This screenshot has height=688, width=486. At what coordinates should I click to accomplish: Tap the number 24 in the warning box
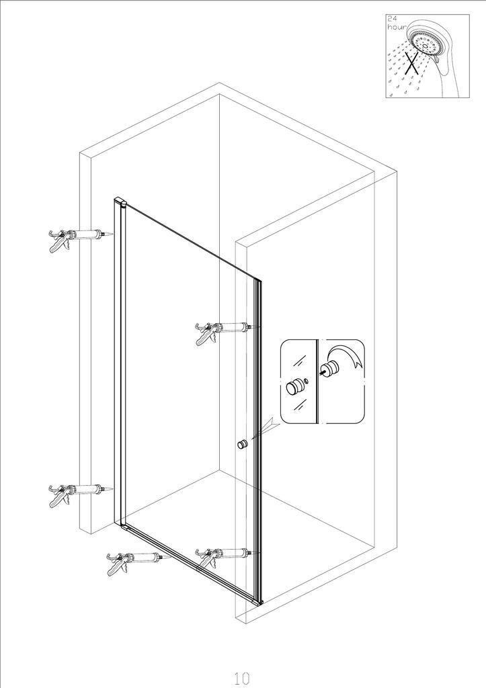[392, 18]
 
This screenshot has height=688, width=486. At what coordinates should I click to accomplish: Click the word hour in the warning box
[396, 27]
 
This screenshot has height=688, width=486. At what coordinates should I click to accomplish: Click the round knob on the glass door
[243, 445]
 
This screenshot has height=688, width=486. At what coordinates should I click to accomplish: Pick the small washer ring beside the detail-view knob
[306, 380]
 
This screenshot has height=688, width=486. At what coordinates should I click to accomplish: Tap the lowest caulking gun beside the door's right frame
[224, 556]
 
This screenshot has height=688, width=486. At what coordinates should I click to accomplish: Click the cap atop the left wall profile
[120, 202]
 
